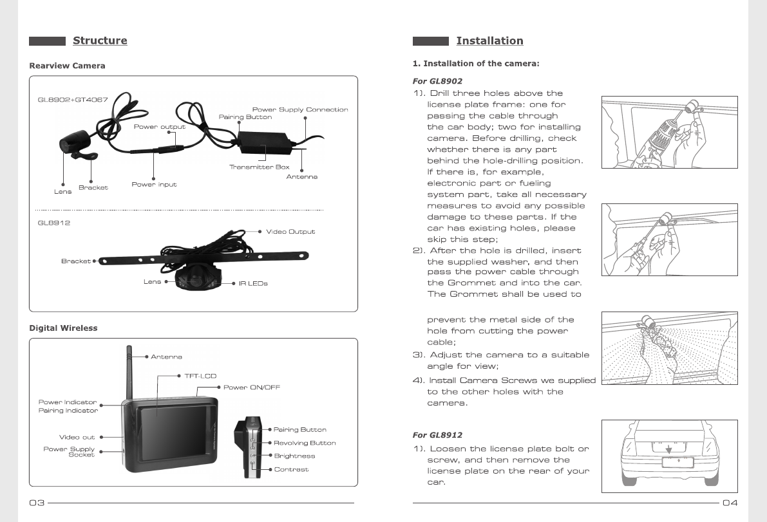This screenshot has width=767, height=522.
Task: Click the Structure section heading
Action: [x=100, y=41]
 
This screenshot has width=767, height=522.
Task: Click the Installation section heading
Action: [x=489, y=41]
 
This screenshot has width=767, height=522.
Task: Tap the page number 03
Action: [x=36, y=503]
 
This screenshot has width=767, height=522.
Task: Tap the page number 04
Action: [x=730, y=503]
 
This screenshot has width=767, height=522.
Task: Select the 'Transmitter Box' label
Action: [x=260, y=167]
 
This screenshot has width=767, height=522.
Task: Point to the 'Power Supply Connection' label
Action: [x=300, y=109]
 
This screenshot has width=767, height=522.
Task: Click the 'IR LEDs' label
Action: [x=253, y=283]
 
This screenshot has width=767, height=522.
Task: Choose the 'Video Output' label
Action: [x=290, y=232]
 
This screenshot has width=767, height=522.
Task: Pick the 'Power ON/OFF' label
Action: [x=252, y=387]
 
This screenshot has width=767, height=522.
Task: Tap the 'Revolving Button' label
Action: [x=305, y=443]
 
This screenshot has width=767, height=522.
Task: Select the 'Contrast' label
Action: [x=291, y=469]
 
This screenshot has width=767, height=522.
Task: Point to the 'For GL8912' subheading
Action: [x=437, y=435]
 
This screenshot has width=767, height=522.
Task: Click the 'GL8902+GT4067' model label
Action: [x=72, y=100]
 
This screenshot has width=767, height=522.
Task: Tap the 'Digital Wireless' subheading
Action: [x=63, y=328]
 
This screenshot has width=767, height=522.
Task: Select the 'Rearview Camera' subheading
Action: [x=67, y=66]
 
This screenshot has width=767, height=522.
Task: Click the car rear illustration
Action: [x=669, y=456]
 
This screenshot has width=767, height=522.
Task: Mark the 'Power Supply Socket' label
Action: [x=69, y=452]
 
